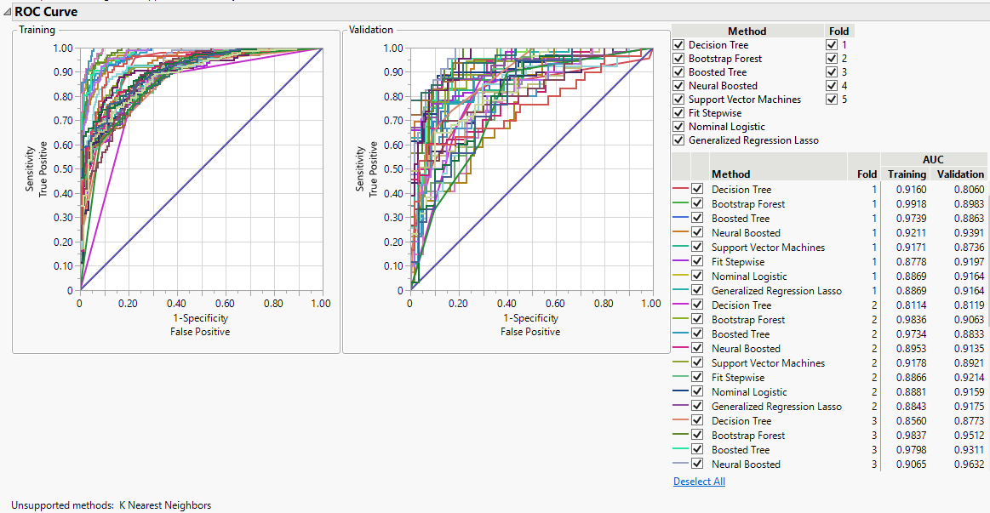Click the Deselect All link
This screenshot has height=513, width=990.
[x=699, y=482]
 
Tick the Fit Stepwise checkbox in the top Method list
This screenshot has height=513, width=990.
[x=678, y=113]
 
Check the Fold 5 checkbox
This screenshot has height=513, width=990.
[x=832, y=100]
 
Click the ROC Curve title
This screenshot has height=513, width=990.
[x=46, y=12]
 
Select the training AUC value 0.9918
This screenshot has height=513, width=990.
[x=907, y=204]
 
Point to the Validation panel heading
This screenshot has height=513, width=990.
[x=371, y=31]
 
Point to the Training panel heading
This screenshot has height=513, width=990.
[x=37, y=31]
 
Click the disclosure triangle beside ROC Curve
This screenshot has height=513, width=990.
[x=7, y=13]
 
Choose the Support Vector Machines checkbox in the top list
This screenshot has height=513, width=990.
[x=678, y=100]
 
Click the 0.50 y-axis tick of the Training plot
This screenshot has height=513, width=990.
[x=64, y=169]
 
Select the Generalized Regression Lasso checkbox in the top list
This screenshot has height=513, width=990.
[x=678, y=140]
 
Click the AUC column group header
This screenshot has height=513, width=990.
[x=933, y=159]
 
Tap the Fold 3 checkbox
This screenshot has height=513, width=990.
[x=832, y=72]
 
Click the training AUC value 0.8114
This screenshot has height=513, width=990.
[x=907, y=305]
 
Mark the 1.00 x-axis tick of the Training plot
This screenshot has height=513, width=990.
[x=322, y=304]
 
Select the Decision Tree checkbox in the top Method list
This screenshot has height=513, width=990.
[x=678, y=45]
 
